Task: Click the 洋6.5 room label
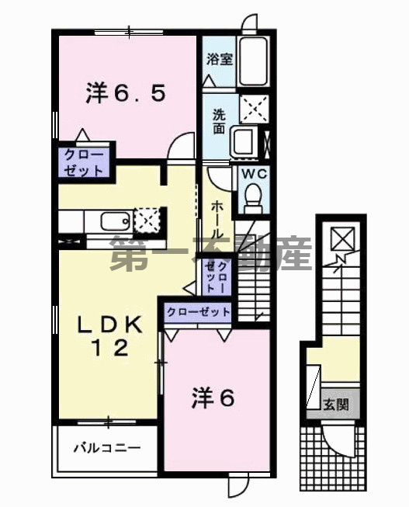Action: point(124,94)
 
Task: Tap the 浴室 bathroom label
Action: point(220,60)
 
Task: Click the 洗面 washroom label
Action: point(220,119)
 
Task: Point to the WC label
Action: point(253,174)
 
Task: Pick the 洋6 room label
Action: point(213,398)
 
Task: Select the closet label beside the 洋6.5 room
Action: point(84,161)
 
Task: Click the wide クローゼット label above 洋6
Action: point(197,312)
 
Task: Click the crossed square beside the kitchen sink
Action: point(146,219)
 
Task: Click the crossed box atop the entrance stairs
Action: point(339,236)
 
